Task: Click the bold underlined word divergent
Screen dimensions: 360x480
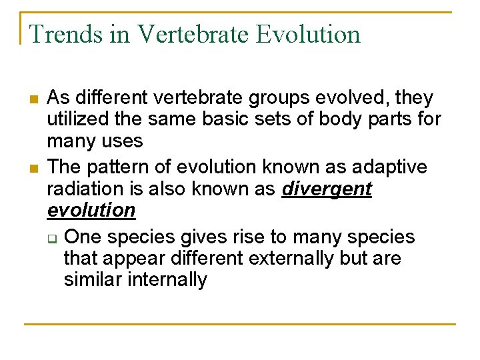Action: point(327,189)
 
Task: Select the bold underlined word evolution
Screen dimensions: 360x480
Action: point(91,211)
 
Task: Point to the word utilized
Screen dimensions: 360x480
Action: point(72,120)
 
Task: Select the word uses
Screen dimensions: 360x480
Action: point(121,141)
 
